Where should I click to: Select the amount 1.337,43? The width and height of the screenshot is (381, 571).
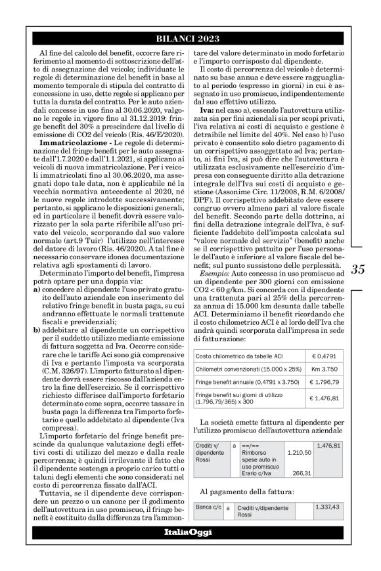[328, 507]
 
